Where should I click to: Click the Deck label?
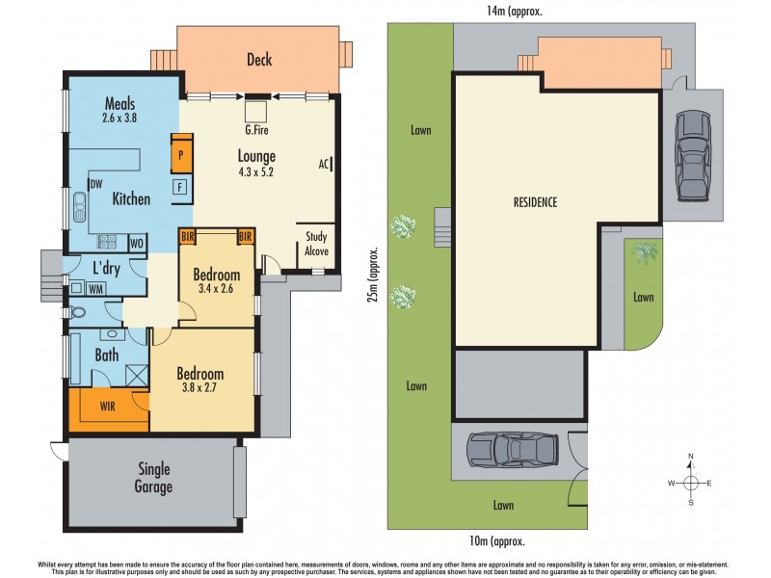(258, 60)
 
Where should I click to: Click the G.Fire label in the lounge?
(257, 126)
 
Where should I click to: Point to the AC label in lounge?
(324, 164)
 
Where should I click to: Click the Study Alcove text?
(317, 244)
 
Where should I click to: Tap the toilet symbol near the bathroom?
(77, 312)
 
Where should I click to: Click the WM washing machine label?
(96, 287)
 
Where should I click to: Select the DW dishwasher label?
(95, 184)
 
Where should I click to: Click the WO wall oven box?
(137, 243)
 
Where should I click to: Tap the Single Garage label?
(153, 478)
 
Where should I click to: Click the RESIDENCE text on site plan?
(535, 202)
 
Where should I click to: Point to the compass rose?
(691, 482)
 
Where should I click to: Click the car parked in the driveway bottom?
(513, 449)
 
